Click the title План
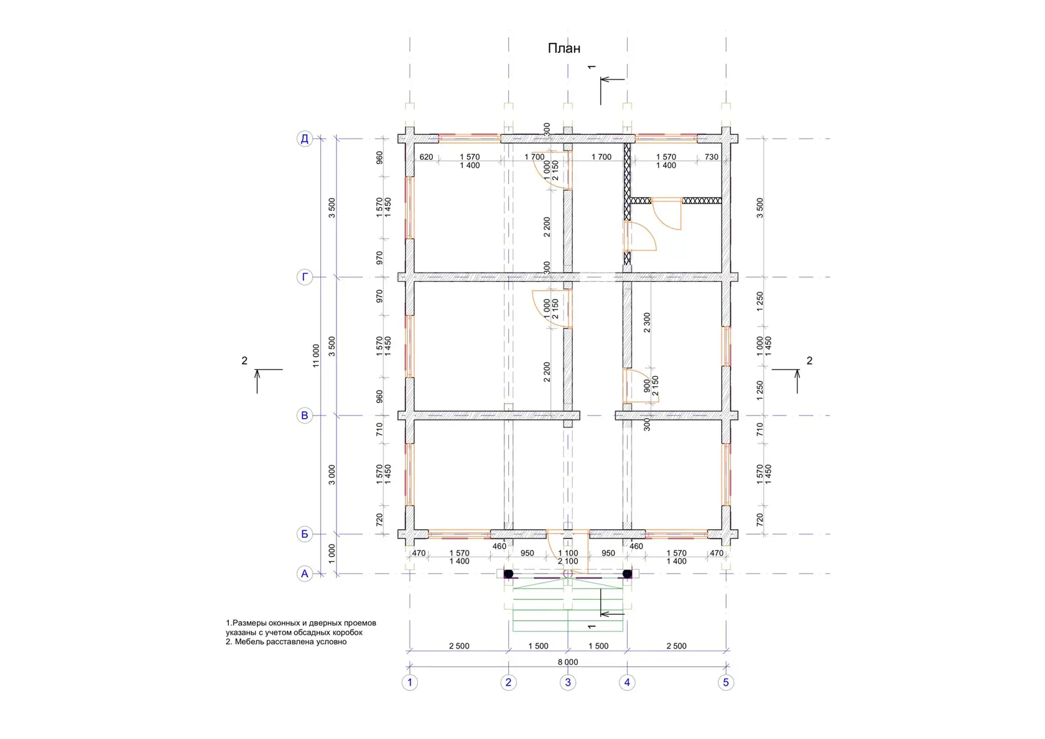[564, 48]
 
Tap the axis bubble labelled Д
[305, 139]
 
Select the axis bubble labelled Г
[305, 277]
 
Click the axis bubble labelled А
[305, 574]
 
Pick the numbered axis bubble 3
[568, 682]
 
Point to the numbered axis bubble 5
[726, 682]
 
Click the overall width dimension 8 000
[568, 662]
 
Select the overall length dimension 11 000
[316, 356]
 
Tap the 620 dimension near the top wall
[426, 157]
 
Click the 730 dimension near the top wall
[712, 157]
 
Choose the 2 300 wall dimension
[647, 322]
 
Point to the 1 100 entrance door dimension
[568, 553]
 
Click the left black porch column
[509, 574]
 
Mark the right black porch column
[628, 574]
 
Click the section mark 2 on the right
[809, 360]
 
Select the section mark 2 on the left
[244, 360]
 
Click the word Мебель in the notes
[251, 641]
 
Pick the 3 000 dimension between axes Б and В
[332, 475]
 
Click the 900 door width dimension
[647, 386]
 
